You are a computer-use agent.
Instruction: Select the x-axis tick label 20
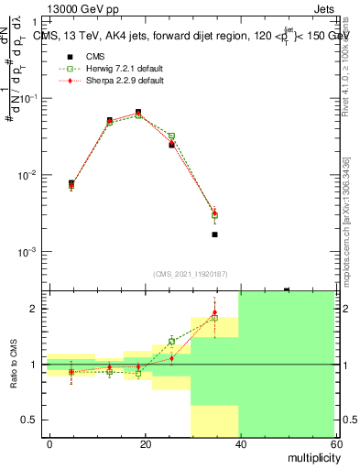[x=145, y=444]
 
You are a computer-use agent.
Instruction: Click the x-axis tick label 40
[x=240, y=444]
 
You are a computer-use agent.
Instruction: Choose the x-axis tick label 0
[x=49, y=444]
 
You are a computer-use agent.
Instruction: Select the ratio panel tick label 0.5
[x=32, y=420]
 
